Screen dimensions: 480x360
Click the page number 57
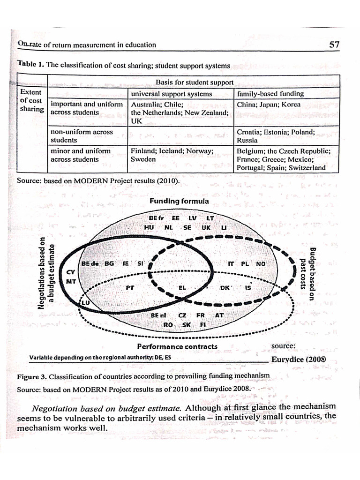[x=334, y=45]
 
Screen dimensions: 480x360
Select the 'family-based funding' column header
[x=270, y=94]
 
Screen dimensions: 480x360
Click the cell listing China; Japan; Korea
[x=269, y=105]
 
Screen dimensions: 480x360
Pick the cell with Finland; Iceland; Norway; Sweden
[x=172, y=155]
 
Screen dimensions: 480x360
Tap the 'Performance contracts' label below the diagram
[x=177, y=346]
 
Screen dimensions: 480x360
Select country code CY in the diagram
[x=71, y=272]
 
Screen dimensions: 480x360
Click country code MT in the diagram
[x=71, y=282]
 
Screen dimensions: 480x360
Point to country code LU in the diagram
[x=85, y=304]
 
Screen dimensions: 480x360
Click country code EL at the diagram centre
[x=183, y=287]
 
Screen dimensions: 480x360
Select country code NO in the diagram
[x=261, y=264]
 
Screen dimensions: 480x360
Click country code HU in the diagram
[x=149, y=227]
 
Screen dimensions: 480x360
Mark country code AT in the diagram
[x=219, y=315]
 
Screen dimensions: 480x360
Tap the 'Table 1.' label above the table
[x=31, y=65]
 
